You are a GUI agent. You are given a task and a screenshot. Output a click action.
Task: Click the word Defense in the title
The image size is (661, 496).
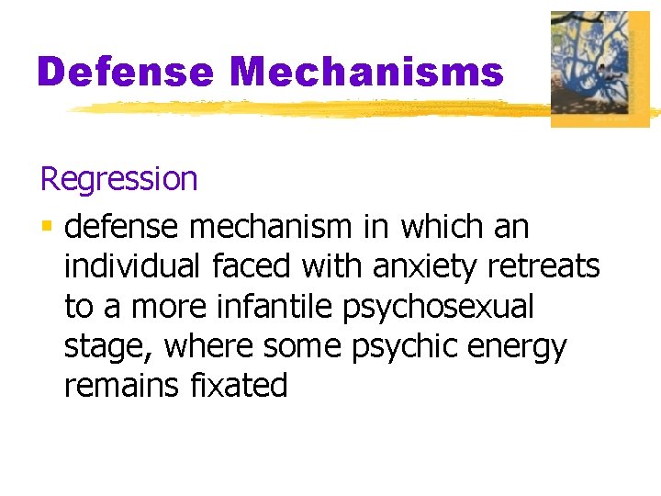126,71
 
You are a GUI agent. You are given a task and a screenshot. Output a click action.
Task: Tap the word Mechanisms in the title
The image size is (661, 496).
367,71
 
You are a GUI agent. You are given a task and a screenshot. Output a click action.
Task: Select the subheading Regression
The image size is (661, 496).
118,178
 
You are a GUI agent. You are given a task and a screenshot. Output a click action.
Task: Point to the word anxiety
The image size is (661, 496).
426,266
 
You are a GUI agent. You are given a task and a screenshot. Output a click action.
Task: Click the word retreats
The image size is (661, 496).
544,266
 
